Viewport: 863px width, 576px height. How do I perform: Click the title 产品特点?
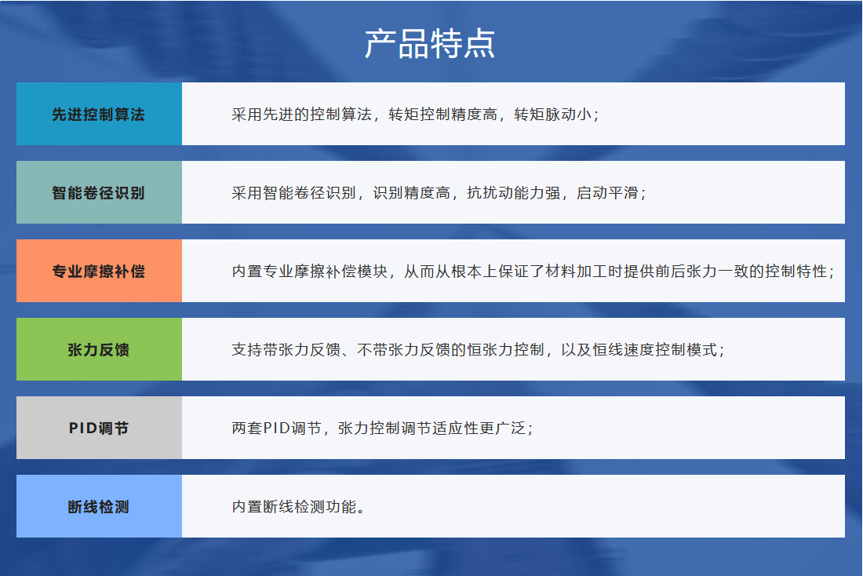[x=430, y=43]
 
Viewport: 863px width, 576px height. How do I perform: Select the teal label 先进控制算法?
[x=99, y=114]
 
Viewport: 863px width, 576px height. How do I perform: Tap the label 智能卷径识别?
[x=99, y=193]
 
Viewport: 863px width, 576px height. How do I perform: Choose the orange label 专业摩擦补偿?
[x=99, y=271]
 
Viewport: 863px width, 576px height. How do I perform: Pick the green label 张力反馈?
[x=99, y=350]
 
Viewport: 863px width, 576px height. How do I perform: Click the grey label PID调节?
[x=99, y=428]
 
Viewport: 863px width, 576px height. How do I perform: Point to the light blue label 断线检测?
[x=99, y=507]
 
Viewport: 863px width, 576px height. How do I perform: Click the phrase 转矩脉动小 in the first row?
[x=553, y=114]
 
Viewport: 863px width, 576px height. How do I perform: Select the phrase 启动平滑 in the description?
[x=607, y=193]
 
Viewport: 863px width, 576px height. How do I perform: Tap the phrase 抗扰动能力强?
[x=514, y=193]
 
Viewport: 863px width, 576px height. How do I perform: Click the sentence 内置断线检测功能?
[x=294, y=507]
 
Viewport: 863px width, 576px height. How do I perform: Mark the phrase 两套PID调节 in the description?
[x=276, y=428]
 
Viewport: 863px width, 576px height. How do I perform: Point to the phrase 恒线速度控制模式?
[x=655, y=350]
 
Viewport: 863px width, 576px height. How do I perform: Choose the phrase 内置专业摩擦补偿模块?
[x=310, y=271]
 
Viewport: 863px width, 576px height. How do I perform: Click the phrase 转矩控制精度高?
[x=443, y=114]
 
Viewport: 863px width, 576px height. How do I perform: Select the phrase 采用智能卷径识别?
[x=294, y=193]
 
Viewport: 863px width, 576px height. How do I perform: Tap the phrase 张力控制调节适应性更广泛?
[x=432, y=428]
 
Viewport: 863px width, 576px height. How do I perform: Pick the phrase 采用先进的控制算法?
[x=301, y=114]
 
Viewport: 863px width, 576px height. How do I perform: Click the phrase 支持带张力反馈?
[x=286, y=350]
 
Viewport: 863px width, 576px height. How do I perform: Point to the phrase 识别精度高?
[x=412, y=193]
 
